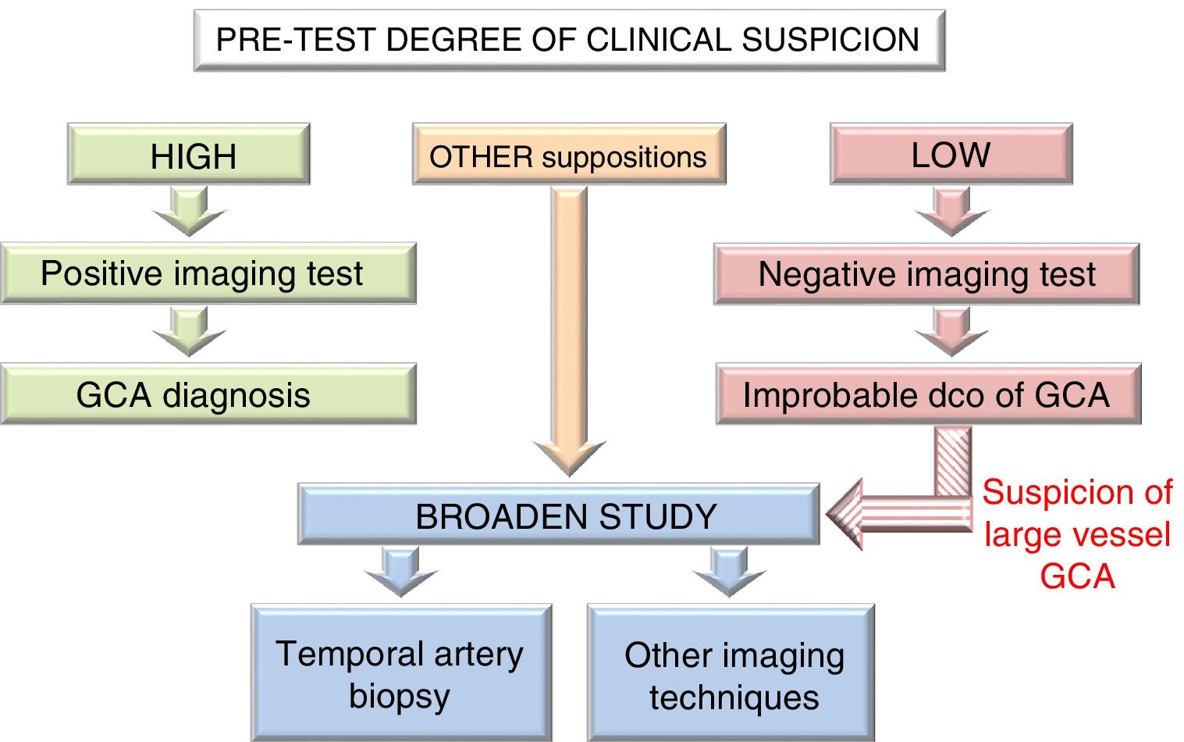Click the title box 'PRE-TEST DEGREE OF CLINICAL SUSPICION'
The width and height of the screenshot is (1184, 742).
pos(568,41)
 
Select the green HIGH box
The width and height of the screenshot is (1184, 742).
pos(189,155)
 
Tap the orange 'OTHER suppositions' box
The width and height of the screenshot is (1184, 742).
pos(568,155)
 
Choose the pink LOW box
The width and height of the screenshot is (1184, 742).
pos(951,155)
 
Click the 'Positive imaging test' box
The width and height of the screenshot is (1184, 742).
pos(208,273)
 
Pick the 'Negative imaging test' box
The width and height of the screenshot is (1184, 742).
pos(926,274)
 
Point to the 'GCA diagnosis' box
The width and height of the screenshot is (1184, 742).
pos(208,394)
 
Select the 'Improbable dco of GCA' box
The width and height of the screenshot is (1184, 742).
pos(928,394)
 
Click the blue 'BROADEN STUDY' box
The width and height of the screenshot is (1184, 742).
pos(559,515)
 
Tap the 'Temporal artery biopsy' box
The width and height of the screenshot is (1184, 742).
pos(400,673)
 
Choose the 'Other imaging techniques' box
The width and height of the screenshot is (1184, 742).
pos(731,674)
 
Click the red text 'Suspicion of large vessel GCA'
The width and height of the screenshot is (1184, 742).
pos(1077,534)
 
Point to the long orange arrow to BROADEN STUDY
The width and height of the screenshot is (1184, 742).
pos(569,328)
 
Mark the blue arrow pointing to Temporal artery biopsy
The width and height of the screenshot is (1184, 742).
pos(400,571)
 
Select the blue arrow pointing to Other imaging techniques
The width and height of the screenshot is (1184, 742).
pos(730,571)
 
